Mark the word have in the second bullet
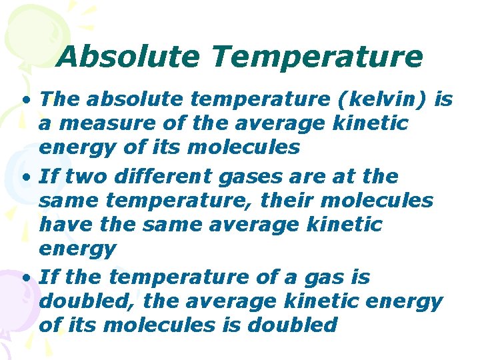(x=59, y=225)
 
